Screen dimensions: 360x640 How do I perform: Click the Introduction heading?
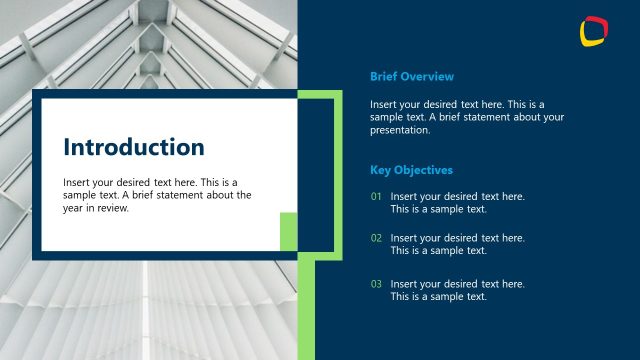[x=134, y=148]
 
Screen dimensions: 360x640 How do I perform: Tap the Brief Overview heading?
[x=412, y=76]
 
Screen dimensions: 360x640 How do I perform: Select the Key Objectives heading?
[x=411, y=170]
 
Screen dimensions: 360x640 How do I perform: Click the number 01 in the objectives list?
[x=376, y=197]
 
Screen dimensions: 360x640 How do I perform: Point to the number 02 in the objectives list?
[x=376, y=238]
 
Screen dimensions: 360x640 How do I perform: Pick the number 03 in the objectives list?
[x=376, y=284]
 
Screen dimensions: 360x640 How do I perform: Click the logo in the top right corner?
[x=594, y=31]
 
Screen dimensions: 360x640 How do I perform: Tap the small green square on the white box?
[x=288, y=231]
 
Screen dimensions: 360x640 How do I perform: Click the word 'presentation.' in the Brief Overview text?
[x=400, y=130]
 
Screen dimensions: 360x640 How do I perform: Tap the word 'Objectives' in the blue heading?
[x=425, y=170]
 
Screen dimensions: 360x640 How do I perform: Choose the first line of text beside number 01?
[x=457, y=197]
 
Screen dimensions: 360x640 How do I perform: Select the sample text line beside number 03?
[x=438, y=297]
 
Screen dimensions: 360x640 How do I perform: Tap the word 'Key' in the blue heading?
[x=380, y=170]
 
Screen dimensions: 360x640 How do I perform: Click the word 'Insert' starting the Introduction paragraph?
[x=78, y=183]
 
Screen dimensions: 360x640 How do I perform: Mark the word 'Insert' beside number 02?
[x=405, y=238]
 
